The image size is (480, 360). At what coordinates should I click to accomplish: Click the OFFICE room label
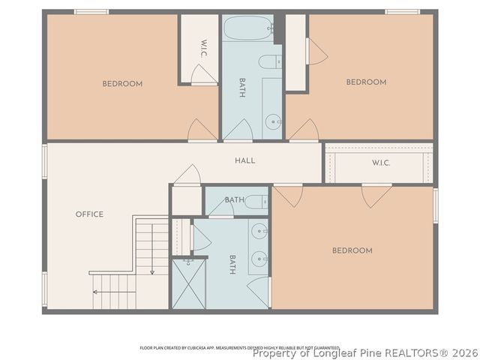tap(89, 214)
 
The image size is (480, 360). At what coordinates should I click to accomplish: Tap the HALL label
tap(245, 160)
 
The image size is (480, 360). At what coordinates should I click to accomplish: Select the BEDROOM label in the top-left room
tap(122, 84)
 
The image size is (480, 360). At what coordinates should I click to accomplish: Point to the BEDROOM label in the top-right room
tap(366, 82)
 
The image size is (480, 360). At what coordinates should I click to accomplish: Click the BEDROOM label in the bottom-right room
tap(352, 250)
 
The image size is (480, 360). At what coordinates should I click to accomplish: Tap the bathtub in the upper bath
tap(247, 28)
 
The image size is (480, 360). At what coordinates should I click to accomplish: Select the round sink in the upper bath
tap(274, 119)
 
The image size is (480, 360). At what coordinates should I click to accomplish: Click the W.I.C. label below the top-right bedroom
tap(381, 163)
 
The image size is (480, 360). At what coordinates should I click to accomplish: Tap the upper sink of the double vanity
tap(259, 230)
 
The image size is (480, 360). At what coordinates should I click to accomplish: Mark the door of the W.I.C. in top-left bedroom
tap(204, 75)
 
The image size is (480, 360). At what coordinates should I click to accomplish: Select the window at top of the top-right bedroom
tap(402, 11)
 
